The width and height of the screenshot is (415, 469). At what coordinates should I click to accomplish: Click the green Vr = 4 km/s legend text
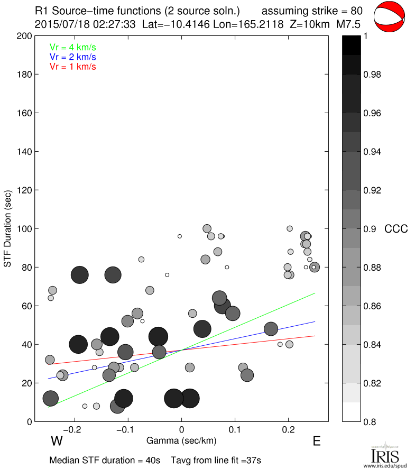pyautogui.click(x=72, y=47)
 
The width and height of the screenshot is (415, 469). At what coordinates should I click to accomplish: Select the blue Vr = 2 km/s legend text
pyautogui.click(x=72, y=57)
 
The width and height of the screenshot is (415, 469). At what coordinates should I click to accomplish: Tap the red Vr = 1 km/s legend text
pyautogui.click(x=72, y=66)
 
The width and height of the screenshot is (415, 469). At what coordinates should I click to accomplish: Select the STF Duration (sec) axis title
pyautogui.click(x=8, y=228)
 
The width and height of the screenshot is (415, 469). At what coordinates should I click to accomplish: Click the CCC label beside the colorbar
pyautogui.click(x=395, y=229)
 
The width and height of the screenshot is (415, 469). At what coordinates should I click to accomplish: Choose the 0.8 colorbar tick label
pyautogui.click(x=370, y=421)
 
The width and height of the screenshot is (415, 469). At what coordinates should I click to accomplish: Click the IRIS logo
pyautogui.click(x=385, y=454)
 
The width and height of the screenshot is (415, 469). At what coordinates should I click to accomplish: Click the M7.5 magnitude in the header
pyautogui.click(x=348, y=24)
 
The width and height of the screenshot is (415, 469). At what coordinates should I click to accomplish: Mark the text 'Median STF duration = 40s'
pyautogui.click(x=105, y=460)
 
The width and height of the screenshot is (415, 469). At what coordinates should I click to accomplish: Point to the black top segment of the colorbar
pyautogui.click(x=351, y=45)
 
